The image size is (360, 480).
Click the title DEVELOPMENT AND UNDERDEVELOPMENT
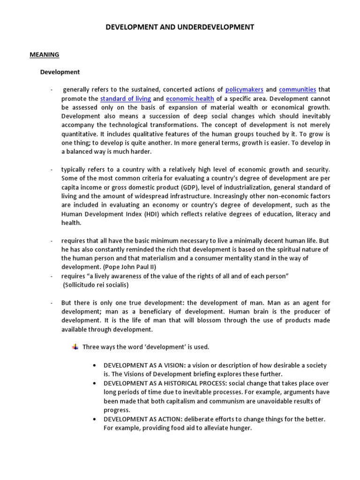coord(180,27)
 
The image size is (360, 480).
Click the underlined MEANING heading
coord(45,54)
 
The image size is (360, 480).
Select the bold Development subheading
coord(60,72)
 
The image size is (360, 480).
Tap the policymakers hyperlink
coord(244,90)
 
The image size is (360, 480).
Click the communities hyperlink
coord(297,90)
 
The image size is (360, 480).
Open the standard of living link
coord(126,98)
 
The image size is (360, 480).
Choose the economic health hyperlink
coord(190,98)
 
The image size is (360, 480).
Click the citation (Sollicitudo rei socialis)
coord(96,285)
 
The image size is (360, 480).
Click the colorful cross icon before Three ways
coord(75,347)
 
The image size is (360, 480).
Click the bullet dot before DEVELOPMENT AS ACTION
coord(95,419)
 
